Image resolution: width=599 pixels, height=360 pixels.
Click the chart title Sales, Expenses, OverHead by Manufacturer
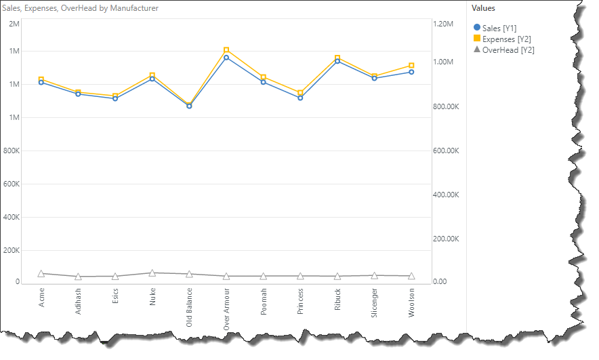coord(81,8)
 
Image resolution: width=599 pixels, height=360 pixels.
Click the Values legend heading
coord(483,8)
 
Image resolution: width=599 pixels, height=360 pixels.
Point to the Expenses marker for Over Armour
coord(226,50)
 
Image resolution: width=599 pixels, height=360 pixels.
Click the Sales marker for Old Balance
coord(189,106)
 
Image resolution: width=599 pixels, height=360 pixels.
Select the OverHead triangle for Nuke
coord(152,273)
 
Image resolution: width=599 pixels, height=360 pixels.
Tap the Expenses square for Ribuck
coord(337,58)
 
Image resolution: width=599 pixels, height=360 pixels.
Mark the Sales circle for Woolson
coord(411,72)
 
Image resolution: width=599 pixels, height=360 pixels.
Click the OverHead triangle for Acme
coord(41,273)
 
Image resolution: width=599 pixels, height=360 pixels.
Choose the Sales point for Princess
coord(300,98)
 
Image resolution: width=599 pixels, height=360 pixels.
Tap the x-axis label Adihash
coord(79,301)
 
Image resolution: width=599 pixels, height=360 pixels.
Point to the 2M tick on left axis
coord(14,24)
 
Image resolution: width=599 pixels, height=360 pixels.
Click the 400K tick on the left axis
coord(13,218)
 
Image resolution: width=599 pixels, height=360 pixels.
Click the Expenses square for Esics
coord(115,96)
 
